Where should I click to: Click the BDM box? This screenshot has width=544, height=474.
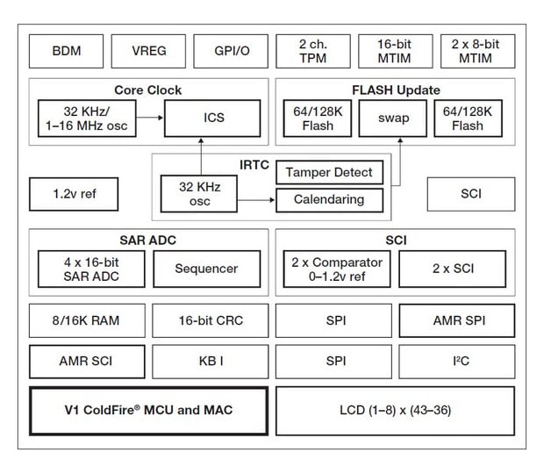tap(66, 51)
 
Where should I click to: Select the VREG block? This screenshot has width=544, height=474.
tap(148, 51)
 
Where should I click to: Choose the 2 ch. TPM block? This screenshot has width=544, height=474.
tap(312, 51)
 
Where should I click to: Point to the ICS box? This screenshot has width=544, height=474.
tap(212, 118)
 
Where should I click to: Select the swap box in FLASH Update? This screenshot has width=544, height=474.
tap(393, 118)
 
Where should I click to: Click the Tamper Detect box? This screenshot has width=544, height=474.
tap(330, 172)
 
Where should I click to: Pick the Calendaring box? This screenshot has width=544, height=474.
tap(330, 199)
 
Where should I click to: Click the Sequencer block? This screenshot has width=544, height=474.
tap(207, 269)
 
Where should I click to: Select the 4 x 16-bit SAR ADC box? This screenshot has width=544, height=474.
tap(92, 269)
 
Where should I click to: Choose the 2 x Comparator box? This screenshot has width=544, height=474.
tap(337, 269)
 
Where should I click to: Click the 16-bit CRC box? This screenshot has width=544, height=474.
tap(210, 320)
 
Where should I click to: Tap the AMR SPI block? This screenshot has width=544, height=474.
tap(457, 320)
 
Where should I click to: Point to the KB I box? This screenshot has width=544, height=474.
tap(210, 361)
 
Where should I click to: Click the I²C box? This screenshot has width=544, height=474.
tap(457, 361)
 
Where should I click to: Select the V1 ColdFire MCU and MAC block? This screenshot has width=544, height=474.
tap(148, 409)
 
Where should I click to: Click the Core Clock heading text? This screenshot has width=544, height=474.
tap(148, 90)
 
